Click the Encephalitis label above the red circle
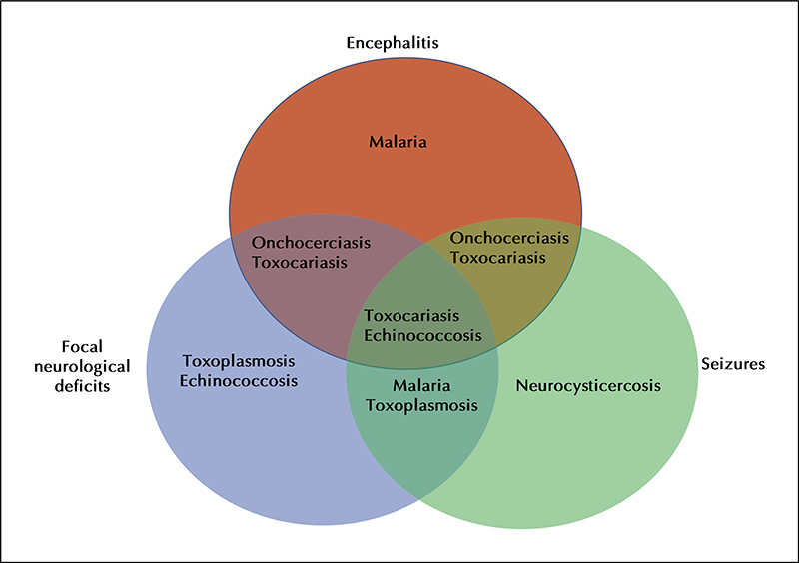pos(393,43)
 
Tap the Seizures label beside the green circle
pos(733,364)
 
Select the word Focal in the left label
pos(82,347)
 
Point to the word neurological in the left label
pos(82,366)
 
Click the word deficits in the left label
pos(82,386)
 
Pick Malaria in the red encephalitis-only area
pos(398,141)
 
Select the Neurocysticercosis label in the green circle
pos(588,385)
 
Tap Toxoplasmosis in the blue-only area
pos(239,361)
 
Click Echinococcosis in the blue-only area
pos(239,381)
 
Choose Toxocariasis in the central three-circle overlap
pos(411,316)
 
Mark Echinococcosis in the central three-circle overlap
pos(422,336)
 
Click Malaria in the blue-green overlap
pos(421,385)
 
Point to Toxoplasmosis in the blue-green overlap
pos(421,406)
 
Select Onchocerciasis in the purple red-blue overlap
pos(311,243)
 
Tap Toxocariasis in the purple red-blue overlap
pos(300,263)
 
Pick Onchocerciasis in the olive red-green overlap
pos(509,238)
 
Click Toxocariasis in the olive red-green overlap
pos(498,258)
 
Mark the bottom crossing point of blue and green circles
pos(419,498)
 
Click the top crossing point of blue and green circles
pos(426,243)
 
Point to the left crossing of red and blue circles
pos(232,236)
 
